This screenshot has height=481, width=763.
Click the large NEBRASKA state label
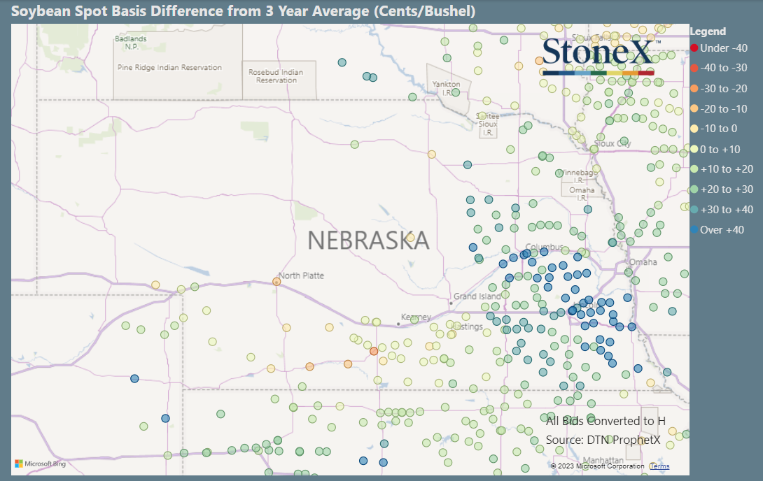(368, 240)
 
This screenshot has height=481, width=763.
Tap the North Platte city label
(301, 275)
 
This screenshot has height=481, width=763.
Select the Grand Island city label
(477, 296)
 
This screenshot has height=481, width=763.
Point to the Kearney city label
(416, 317)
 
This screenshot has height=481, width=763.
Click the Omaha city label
(643, 262)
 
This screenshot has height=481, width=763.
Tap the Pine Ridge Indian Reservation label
(169, 68)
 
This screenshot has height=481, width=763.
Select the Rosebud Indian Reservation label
(276, 76)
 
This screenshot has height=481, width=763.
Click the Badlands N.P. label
(131, 43)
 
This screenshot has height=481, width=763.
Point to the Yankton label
(447, 85)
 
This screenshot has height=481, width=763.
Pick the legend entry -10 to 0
(719, 129)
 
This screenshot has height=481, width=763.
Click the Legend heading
(708, 31)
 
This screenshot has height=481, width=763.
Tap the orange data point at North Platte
(276, 281)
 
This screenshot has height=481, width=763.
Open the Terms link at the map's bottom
(659, 466)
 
